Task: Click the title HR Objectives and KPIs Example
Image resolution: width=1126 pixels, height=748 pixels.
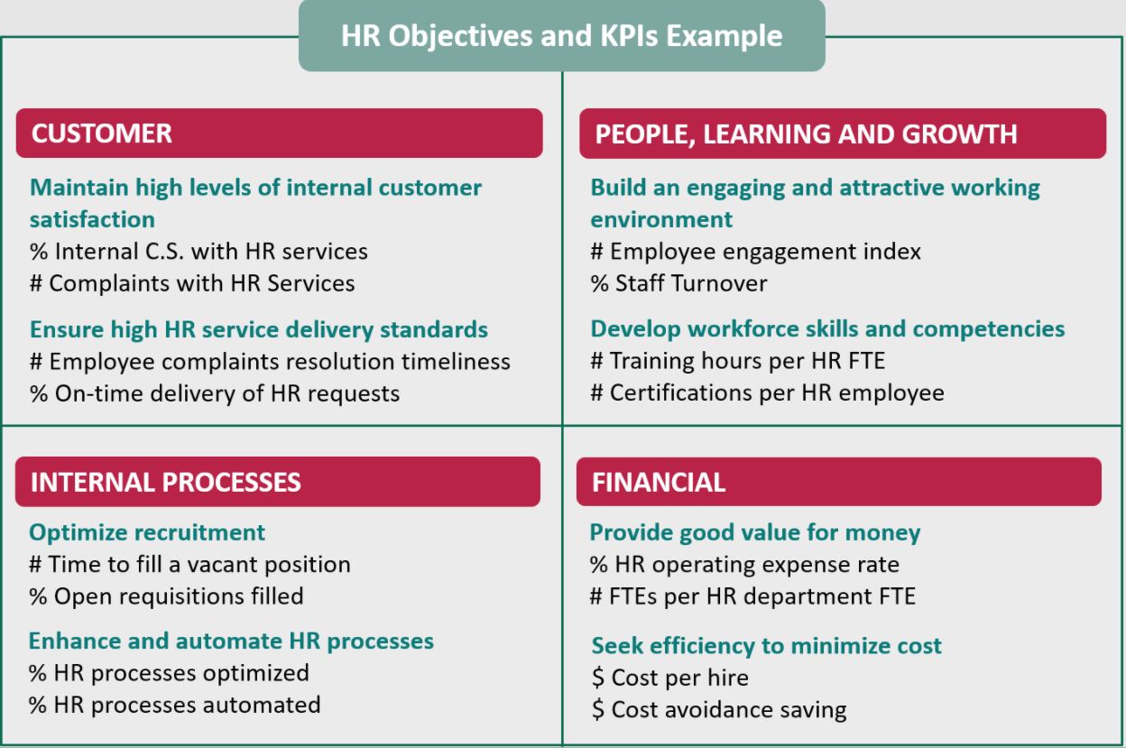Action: pyautogui.click(x=561, y=36)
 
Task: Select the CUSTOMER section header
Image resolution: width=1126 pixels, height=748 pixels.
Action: pyautogui.click(x=279, y=134)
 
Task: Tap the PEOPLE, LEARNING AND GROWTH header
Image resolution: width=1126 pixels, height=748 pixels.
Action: pyautogui.click(x=843, y=134)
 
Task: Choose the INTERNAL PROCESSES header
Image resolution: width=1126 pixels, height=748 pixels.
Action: pyautogui.click(x=278, y=482)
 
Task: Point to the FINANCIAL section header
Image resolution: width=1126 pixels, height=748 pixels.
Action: pyautogui.click(x=839, y=482)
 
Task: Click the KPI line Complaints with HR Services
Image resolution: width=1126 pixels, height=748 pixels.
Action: pyautogui.click(x=192, y=283)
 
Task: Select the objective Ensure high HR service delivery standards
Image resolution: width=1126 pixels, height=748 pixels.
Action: pyautogui.click(x=259, y=329)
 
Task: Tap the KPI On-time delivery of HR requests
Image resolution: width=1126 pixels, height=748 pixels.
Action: pyautogui.click(x=215, y=393)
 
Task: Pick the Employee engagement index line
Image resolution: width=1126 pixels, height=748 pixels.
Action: pyautogui.click(x=755, y=252)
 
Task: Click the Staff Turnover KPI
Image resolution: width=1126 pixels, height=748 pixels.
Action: pyautogui.click(x=679, y=283)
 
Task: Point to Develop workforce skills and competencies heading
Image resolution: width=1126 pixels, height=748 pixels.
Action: pyautogui.click(x=828, y=329)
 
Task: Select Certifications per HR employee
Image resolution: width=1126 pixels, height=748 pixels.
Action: pyautogui.click(x=768, y=393)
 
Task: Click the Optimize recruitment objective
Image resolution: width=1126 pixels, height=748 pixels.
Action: pyautogui.click(x=147, y=532)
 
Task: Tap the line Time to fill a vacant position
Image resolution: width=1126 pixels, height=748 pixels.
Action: pyautogui.click(x=190, y=565)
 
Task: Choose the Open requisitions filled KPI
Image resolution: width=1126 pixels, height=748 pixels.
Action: pyautogui.click(x=166, y=596)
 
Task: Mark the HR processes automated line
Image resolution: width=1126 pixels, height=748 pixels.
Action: pyautogui.click(x=175, y=705)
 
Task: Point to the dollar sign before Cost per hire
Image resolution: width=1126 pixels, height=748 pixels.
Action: pyautogui.click(x=597, y=678)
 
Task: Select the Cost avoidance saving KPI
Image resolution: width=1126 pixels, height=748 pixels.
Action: pyautogui.click(x=719, y=710)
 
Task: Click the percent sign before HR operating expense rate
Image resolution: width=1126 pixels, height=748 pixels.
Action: pyautogui.click(x=599, y=565)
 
